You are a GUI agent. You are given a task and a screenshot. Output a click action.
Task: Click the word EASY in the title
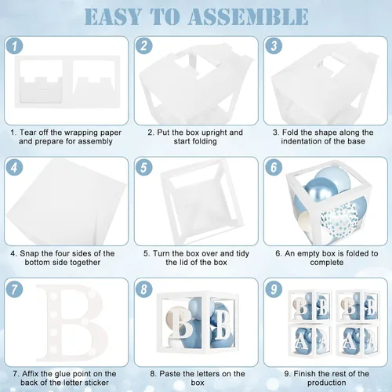click(113, 16)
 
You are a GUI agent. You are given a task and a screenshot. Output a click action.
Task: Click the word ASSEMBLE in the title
click(248, 16)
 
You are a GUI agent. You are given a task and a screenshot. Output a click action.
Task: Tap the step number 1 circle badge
click(14, 45)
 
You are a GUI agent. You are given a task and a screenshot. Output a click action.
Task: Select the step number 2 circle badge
click(144, 45)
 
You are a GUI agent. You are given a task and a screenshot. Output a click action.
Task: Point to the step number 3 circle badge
click(274, 45)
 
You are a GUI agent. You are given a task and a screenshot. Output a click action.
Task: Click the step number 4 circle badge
click(14, 167)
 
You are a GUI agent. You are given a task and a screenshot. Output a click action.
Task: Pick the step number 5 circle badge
click(144, 167)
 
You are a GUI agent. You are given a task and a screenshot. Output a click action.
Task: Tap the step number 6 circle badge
click(274, 167)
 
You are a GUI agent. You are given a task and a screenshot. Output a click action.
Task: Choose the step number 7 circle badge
click(14, 289)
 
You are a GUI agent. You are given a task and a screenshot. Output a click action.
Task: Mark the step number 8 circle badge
click(144, 289)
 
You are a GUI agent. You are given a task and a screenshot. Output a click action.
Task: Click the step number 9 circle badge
click(274, 289)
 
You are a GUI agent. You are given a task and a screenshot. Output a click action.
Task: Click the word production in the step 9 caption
click(327, 383)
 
